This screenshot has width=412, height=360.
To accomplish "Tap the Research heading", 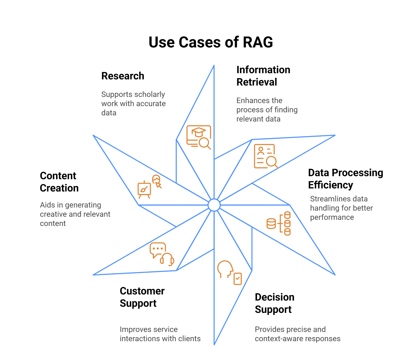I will [x=123, y=76].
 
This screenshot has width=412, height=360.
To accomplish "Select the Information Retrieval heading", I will [x=263, y=76].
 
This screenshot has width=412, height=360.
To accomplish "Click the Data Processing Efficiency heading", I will [x=345, y=179].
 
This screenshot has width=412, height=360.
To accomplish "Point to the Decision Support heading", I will [x=274, y=303].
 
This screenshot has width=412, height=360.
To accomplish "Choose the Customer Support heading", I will [x=142, y=297].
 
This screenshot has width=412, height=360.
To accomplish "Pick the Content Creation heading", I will [x=59, y=182].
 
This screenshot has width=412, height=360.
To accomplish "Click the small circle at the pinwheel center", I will [x=214, y=205].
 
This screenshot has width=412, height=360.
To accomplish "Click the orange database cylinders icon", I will [x=279, y=223].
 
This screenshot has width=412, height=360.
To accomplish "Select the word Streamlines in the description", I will [x=325, y=199].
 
